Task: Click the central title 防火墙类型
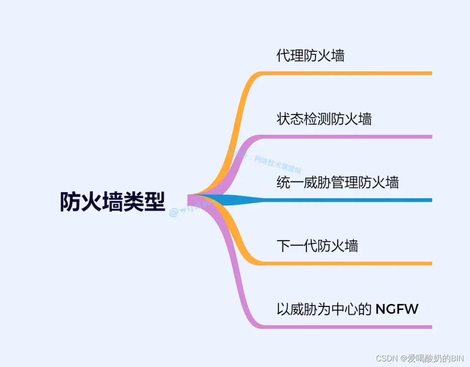pos(112,202)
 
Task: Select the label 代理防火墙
pos(310,56)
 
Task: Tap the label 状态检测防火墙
pos(324,119)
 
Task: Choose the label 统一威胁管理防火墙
pos(337,182)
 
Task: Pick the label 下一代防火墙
pos(317,246)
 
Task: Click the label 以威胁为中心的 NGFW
pos(347,310)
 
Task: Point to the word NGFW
pos(396,310)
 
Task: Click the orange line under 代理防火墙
pos(348,73)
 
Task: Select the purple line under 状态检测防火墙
pos(348,137)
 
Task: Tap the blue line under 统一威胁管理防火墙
pos(348,200)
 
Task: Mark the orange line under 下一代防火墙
pos(348,264)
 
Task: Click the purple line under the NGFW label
pos(348,327)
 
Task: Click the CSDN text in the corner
pos(385,358)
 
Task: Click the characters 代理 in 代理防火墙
pos(290,56)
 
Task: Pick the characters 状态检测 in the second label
pos(304,119)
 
